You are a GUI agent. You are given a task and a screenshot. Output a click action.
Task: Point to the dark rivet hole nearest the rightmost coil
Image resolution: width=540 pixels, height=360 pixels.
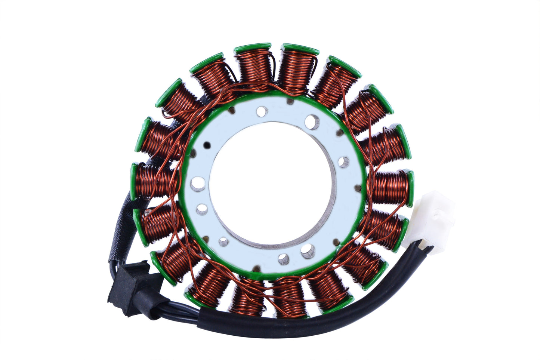358,188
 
